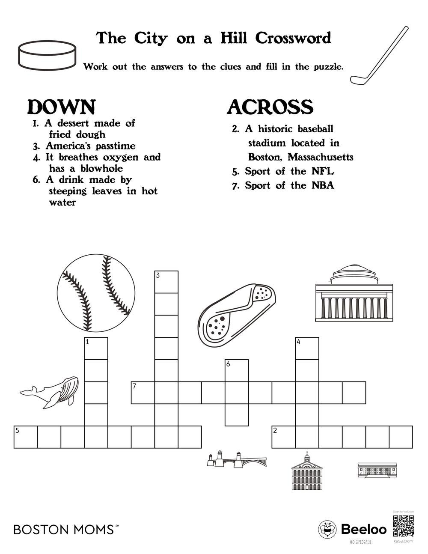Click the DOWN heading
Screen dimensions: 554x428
click(62, 107)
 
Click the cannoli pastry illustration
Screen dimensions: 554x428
click(238, 312)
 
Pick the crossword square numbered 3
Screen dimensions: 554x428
click(166, 282)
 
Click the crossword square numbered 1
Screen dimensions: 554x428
click(96, 348)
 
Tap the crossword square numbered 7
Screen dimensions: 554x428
click(143, 393)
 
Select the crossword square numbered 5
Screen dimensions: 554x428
click(26, 437)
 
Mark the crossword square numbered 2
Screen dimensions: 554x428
click(283, 437)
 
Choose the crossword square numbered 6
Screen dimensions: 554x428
click(237, 370)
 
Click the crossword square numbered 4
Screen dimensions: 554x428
click(307, 348)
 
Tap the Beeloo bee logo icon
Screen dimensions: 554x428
click(327, 530)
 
